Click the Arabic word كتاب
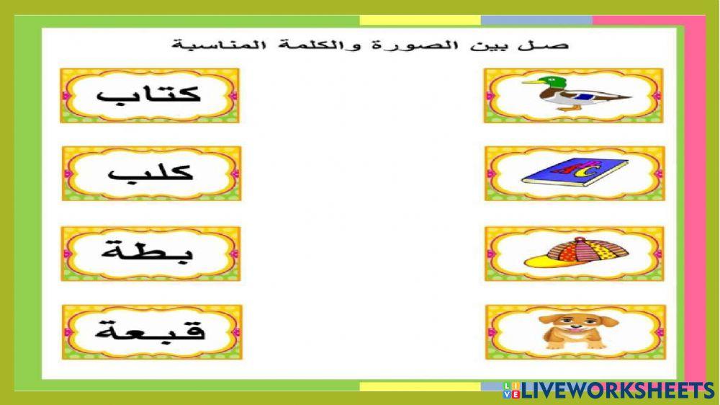150,96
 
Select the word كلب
150,174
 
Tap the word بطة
150,253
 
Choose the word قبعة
150,332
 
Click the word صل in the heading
555,45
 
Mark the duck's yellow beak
526,82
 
